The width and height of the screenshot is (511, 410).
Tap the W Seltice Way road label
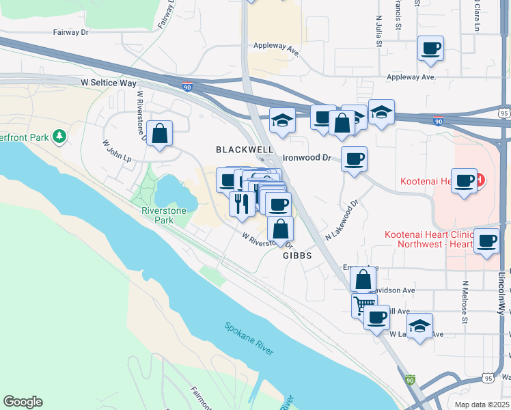pyautogui.click(x=108, y=83)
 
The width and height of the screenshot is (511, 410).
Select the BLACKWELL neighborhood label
pyautogui.click(x=245, y=149)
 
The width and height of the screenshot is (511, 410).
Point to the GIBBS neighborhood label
pyautogui.click(x=297, y=256)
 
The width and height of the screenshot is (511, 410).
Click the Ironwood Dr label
pyautogui.click(x=307, y=158)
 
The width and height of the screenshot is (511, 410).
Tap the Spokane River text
pyautogui.click(x=249, y=338)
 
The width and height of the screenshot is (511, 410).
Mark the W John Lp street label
pyautogui.click(x=116, y=151)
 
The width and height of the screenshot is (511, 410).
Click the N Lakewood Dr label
pyautogui.click(x=342, y=221)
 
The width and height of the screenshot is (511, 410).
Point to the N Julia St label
pyautogui.click(x=378, y=31)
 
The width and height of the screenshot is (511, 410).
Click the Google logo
pyautogui.click(x=23, y=402)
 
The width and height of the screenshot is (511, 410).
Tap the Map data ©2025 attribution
pyautogui.click(x=481, y=405)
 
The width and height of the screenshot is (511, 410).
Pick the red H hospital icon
pyautogui.click(x=480, y=180)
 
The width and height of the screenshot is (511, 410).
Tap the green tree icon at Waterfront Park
pyautogui.click(x=60, y=137)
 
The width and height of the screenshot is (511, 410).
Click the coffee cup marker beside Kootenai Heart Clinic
pyautogui.click(x=487, y=242)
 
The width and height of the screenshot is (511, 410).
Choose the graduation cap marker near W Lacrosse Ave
pyautogui.click(x=419, y=325)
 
